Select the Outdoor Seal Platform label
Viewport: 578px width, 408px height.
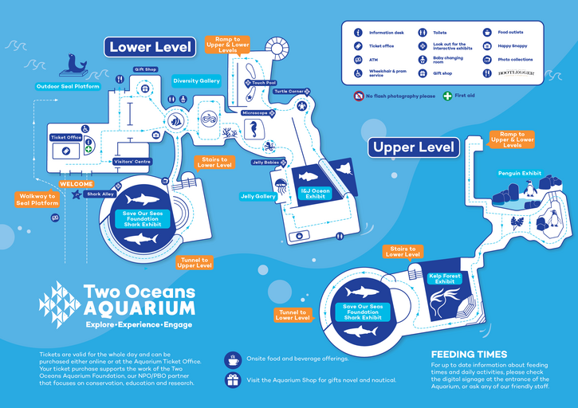coord(69,86)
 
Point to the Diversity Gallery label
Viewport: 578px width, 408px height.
coord(196,80)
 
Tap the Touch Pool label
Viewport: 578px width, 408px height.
coord(264,83)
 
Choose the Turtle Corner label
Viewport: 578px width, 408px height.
coord(289,92)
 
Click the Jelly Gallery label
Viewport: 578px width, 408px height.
coord(258,196)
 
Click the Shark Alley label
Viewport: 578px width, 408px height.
coord(100,194)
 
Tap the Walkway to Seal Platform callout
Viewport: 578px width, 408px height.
coord(38,199)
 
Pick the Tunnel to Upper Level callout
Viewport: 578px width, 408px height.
coord(194,262)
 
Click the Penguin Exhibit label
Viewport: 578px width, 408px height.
coord(520,172)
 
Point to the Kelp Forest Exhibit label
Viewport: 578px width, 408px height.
coord(445,279)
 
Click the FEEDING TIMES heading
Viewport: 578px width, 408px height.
coord(469,355)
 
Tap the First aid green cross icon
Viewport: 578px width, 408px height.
coord(448,96)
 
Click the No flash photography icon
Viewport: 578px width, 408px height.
coord(359,96)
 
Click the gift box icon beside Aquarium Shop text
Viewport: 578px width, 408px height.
coord(233,381)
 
